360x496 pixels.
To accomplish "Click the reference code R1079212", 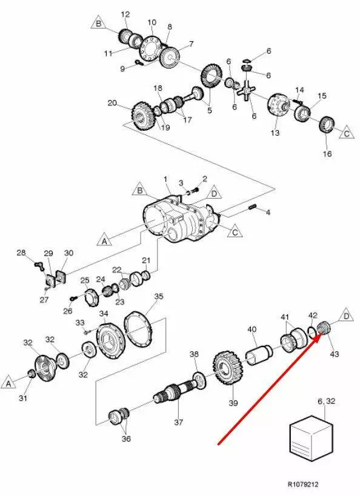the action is click(303, 484).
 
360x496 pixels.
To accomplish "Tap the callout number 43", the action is click(335, 354).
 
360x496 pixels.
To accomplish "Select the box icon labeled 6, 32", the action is click(312, 438).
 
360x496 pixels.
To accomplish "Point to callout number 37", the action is click(179, 422).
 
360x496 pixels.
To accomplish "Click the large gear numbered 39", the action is click(228, 369).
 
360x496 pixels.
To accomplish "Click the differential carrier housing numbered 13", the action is click(278, 105).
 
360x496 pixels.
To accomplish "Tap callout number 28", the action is click(21, 253).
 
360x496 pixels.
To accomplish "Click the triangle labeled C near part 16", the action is click(347, 133).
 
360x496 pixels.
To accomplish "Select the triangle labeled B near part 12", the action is click(98, 23).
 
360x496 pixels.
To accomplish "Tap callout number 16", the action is click(327, 154).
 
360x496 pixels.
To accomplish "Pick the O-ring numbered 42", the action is click(311, 331).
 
